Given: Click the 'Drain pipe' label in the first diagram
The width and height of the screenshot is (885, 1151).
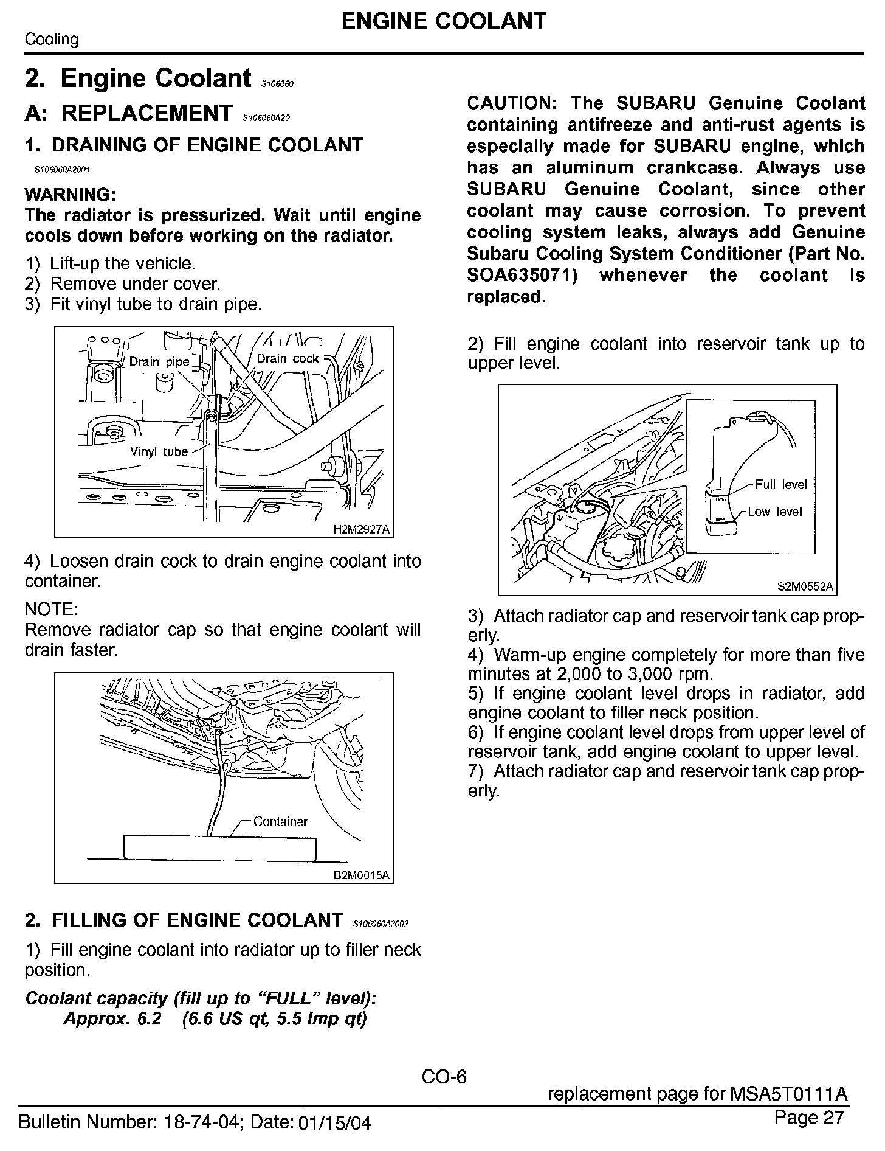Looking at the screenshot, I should click(159, 361).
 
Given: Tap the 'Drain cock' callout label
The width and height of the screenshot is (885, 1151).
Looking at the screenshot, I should click(288, 359).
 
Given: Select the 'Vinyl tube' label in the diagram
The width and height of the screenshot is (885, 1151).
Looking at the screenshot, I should click(159, 452).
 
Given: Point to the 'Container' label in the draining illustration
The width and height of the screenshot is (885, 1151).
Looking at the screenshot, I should click(280, 821).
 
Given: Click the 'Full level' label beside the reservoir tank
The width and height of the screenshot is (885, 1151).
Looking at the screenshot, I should click(780, 484).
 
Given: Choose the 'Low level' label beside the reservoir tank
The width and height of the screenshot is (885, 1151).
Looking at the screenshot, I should click(775, 512).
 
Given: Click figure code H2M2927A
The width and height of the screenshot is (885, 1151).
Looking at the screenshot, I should click(361, 529).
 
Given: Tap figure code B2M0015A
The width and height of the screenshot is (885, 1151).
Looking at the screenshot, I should click(361, 875).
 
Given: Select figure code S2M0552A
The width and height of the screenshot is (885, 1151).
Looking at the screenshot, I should click(805, 587).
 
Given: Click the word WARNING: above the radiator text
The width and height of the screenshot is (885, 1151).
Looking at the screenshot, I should click(70, 195).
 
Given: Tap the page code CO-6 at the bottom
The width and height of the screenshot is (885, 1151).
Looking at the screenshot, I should click(444, 1077).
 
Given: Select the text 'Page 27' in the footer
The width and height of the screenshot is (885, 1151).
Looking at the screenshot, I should click(810, 1117).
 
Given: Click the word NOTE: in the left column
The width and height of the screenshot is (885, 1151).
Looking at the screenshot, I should click(51, 609).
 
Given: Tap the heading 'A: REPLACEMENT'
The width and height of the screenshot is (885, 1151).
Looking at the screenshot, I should click(128, 113).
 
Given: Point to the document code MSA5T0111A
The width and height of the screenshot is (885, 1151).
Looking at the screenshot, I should click(788, 1094).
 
